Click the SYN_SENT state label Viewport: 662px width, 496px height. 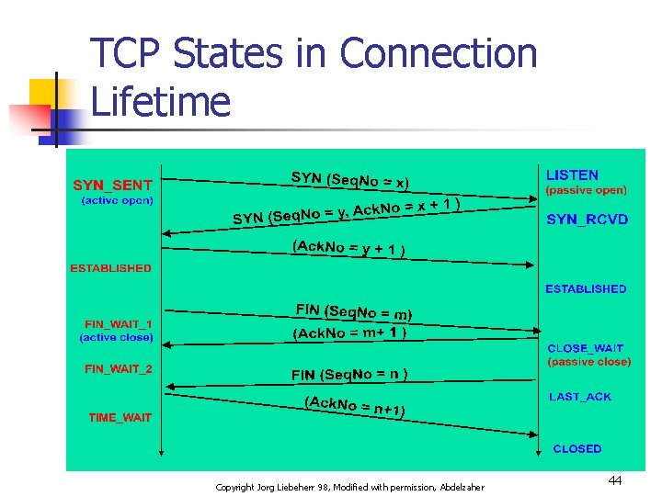point(112,185)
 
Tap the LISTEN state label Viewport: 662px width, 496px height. point(572,175)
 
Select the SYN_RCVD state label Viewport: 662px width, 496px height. point(588,220)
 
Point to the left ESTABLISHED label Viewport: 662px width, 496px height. point(110,268)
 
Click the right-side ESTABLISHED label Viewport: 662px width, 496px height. point(586,288)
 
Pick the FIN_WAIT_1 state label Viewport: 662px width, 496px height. point(119,324)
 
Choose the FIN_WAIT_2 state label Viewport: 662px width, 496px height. point(119,369)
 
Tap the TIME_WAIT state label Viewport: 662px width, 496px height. point(120,417)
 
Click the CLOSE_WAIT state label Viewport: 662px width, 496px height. point(585,348)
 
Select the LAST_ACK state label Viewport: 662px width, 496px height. point(579,397)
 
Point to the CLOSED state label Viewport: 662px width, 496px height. point(576,448)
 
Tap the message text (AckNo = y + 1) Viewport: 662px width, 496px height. point(349,248)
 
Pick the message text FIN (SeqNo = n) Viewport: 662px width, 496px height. point(349,374)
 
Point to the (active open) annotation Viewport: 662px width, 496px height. point(117,200)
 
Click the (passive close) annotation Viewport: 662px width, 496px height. point(589,362)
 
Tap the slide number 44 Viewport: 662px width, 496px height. point(614,480)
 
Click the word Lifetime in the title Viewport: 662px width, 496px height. point(160,101)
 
